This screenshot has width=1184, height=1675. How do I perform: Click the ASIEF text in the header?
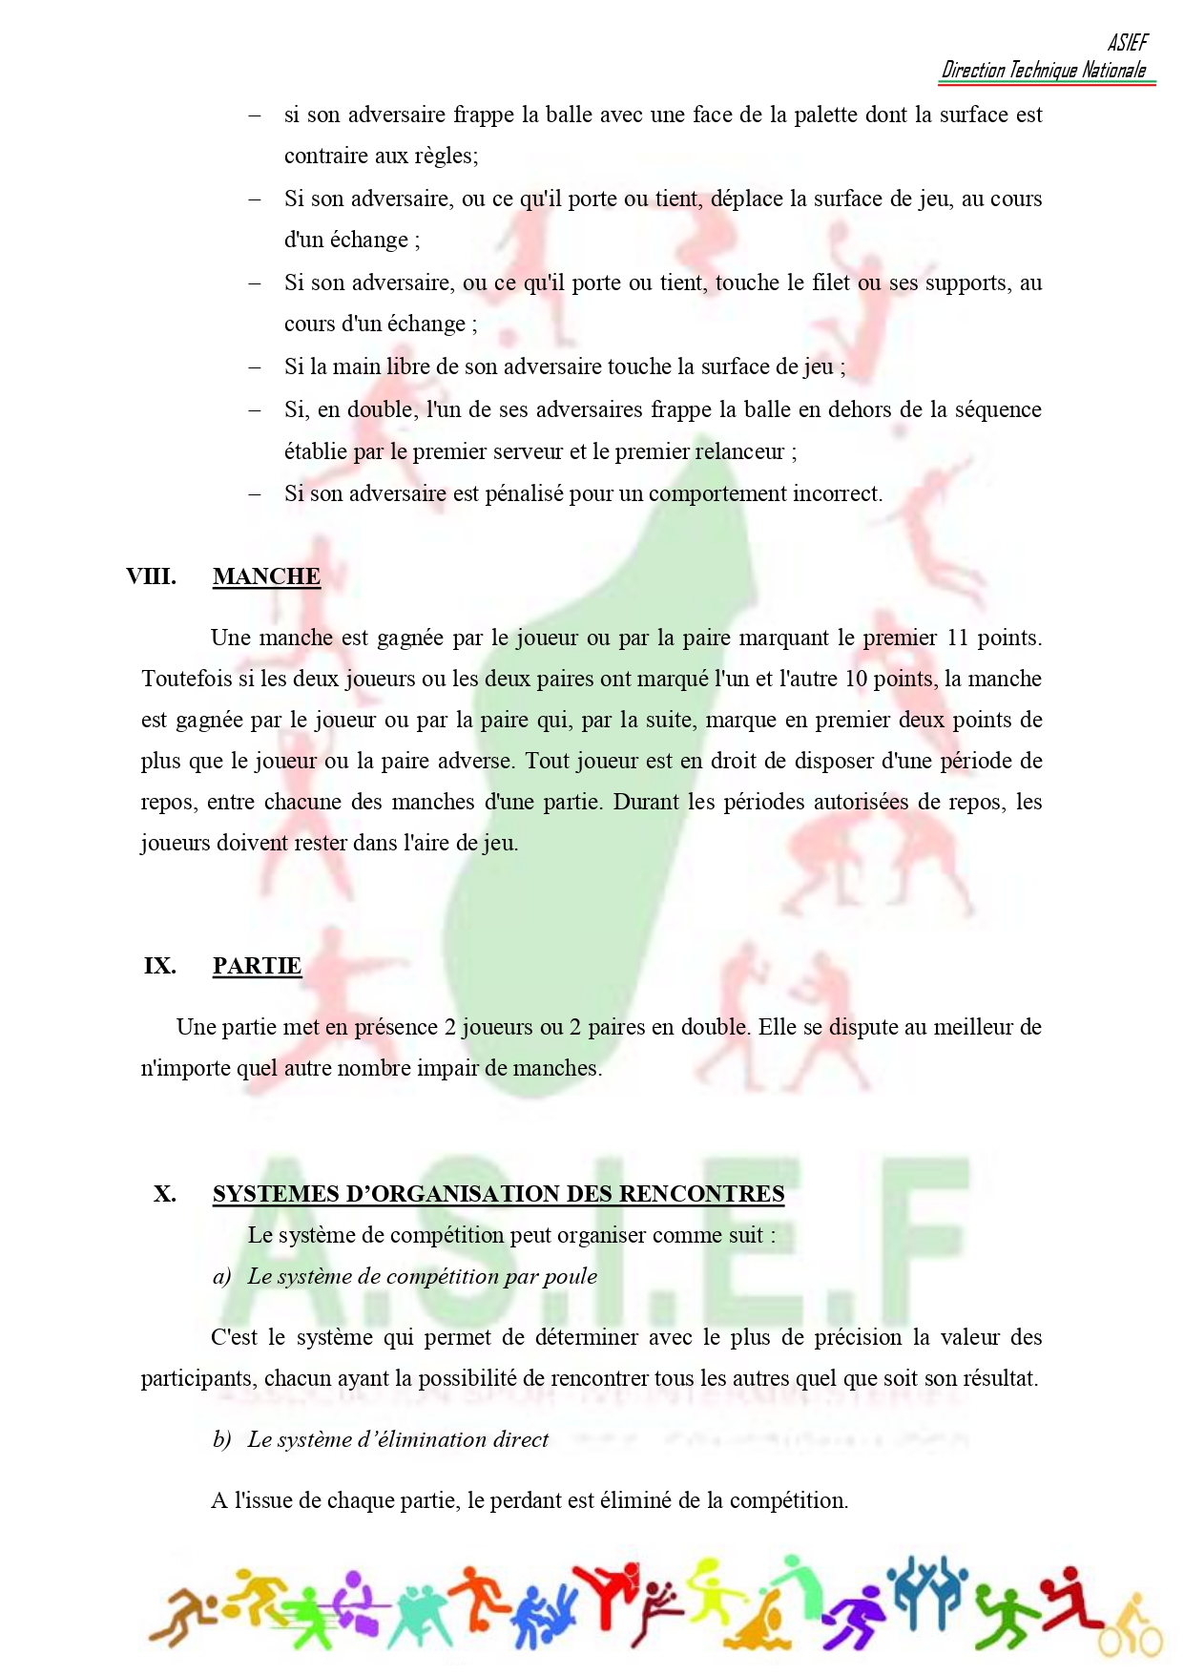(x=1127, y=42)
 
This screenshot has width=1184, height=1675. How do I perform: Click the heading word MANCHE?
(x=266, y=576)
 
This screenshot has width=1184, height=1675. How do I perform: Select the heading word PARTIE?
(x=257, y=966)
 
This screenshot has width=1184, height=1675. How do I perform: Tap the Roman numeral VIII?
(x=151, y=576)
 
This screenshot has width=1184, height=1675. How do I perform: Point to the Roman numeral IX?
(x=159, y=966)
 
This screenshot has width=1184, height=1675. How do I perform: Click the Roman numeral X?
(x=164, y=1194)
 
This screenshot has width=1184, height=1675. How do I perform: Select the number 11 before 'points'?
(x=957, y=638)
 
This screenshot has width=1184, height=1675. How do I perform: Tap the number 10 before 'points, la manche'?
(x=856, y=679)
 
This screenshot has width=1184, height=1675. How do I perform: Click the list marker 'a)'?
(x=221, y=1277)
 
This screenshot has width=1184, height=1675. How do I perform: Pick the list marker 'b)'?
(x=221, y=1440)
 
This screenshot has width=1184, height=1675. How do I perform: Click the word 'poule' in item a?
(x=570, y=1277)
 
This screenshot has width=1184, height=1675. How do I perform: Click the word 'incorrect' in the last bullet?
(x=834, y=493)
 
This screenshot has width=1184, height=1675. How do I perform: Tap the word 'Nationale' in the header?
(x=1113, y=70)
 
